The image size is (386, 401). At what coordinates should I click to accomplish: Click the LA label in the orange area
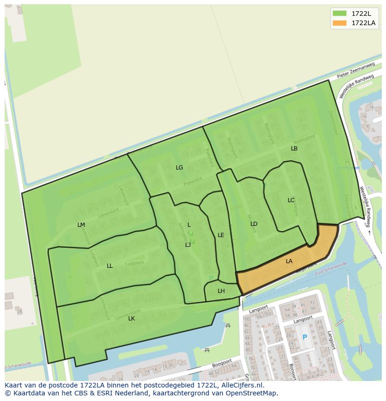pyautogui.click(x=289, y=261)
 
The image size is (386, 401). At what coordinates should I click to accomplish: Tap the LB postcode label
pyautogui.click(x=294, y=149)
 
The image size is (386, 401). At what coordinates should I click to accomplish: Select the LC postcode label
pyautogui.click(x=291, y=200)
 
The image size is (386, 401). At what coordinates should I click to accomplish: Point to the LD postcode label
pyautogui.click(x=254, y=224)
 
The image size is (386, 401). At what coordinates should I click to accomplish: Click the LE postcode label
pyautogui.click(x=221, y=235)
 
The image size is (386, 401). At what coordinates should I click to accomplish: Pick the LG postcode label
pyautogui.click(x=179, y=168)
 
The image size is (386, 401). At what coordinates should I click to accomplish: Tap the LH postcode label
pyautogui.click(x=221, y=291)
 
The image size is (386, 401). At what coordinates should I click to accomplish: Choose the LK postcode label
pyautogui.click(x=131, y=319)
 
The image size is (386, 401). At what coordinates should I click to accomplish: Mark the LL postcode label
pyautogui.click(x=110, y=266)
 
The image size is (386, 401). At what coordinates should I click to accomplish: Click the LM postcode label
pyautogui.click(x=81, y=225)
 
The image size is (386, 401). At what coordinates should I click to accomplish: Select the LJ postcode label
pyautogui.click(x=188, y=245)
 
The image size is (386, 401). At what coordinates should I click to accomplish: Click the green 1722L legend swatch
pyautogui.click(x=340, y=14)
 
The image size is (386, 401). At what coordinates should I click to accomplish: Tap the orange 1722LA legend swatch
pyautogui.click(x=340, y=23)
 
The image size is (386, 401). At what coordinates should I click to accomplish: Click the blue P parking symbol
pyautogui.click(x=305, y=337)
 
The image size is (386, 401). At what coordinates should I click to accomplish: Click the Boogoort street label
pyautogui.click(x=221, y=362)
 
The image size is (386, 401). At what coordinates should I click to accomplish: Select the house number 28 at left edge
pyautogui.click(x=19, y=311)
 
